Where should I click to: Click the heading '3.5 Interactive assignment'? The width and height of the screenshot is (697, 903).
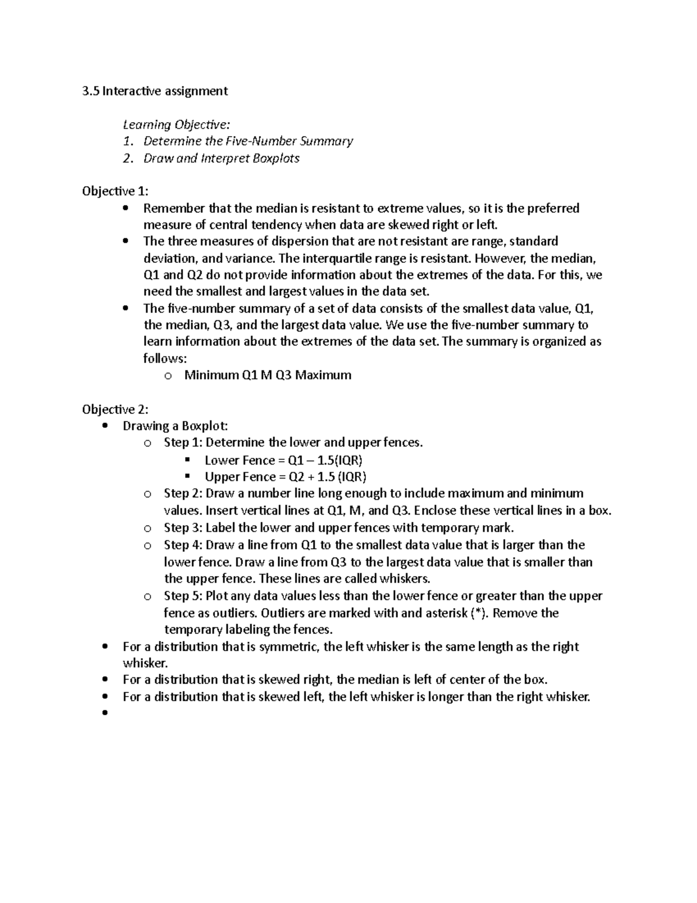point(155,91)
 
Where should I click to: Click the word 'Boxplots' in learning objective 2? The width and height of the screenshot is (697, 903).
point(276,158)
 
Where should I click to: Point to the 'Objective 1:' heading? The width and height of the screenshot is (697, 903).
point(115,191)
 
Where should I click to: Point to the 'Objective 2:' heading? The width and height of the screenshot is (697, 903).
point(115,409)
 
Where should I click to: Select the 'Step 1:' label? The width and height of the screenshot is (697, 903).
point(182,442)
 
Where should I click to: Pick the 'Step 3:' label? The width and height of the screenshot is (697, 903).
point(182,528)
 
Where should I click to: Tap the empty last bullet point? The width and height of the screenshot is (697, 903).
point(105,713)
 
